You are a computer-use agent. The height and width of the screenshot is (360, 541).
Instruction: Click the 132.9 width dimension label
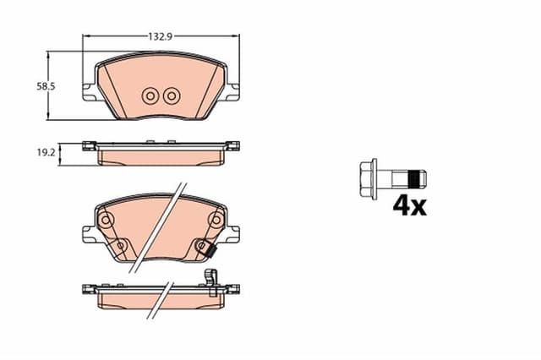[161, 37]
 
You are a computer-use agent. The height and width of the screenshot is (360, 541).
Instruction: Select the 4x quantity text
[409, 205]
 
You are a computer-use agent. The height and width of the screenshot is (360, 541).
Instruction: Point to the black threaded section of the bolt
[413, 178]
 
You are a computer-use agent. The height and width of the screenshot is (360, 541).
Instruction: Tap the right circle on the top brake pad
[171, 95]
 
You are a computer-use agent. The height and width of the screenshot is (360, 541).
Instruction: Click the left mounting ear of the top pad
[89, 91]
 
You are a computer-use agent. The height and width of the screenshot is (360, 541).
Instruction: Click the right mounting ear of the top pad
[232, 91]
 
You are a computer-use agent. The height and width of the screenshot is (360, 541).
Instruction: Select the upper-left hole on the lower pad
[107, 221]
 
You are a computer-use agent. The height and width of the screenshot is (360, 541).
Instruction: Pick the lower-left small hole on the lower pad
[120, 246]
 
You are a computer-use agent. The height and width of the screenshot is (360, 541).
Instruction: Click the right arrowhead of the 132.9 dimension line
[236, 37]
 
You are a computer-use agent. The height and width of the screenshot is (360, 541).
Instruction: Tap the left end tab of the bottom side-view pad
[88, 288]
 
